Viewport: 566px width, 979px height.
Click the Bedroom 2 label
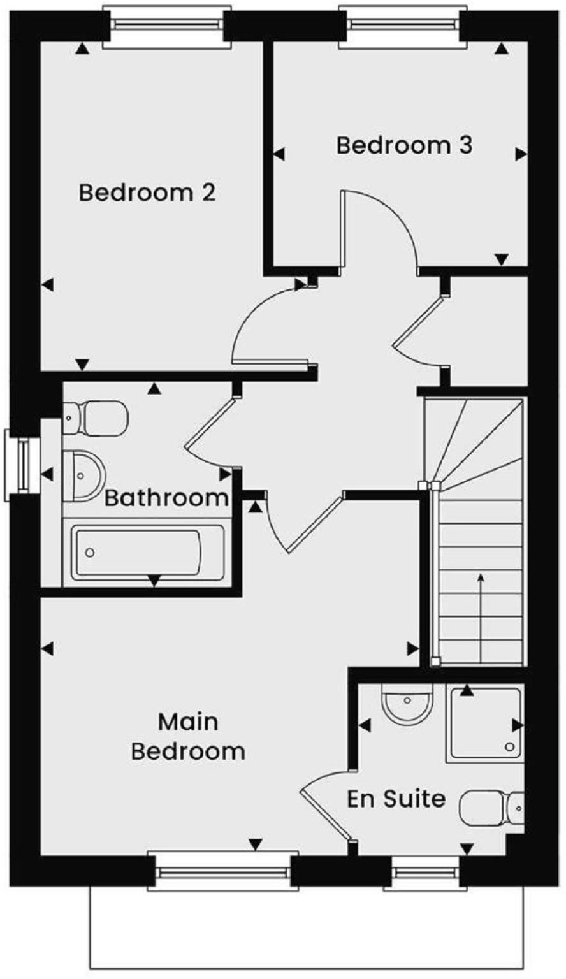pyautogui.click(x=147, y=192)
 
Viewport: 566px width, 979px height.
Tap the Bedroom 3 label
pyautogui.click(x=404, y=145)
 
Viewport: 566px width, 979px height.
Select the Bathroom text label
pyautogui.click(x=166, y=497)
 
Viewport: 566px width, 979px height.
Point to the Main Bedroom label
pyautogui.click(x=188, y=737)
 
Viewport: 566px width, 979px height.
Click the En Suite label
pyautogui.click(x=396, y=798)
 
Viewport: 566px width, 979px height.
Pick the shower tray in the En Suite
pyautogui.click(x=485, y=723)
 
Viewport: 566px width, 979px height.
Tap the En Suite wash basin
pyautogui.click(x=407, y=704)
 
